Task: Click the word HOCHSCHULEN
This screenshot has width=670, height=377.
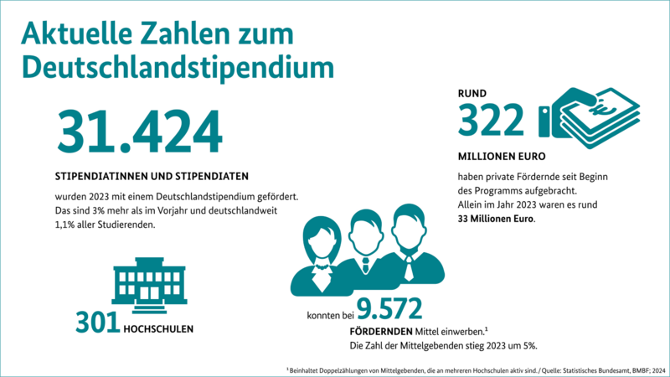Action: (x=158, y=328)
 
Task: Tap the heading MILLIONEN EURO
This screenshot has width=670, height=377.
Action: (x=502, y=157)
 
